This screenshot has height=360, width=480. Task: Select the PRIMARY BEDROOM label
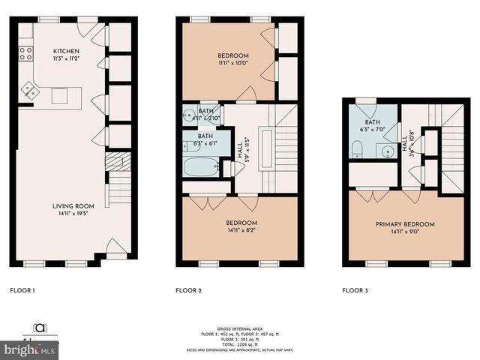[406, 223]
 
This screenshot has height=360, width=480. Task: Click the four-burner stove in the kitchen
[25, 52]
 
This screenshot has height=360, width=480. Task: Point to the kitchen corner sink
[31, 90]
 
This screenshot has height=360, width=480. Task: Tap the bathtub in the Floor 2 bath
[201, 166]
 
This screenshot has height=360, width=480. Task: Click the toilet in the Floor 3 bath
[355, 148]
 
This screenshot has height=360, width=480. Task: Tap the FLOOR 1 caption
[22, 289]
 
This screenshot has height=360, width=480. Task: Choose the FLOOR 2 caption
[189, 289]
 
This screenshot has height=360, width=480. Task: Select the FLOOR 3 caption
[355, 289]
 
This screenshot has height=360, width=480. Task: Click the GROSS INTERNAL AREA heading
[239, 329]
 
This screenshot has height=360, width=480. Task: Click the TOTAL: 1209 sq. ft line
[239, 343]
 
